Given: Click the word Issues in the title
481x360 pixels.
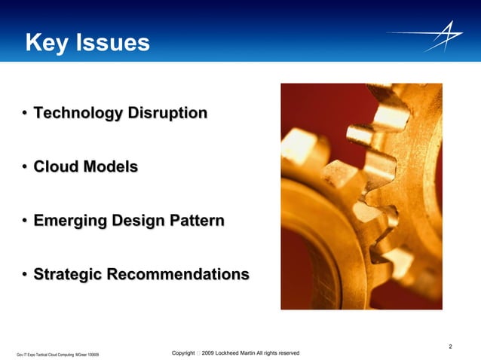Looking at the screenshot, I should pyautogui.click(x=113, y=44).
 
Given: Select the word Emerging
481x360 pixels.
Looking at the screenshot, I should pyautogui.click(x=69, y=221).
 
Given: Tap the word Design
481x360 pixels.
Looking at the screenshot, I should pyautogui.click(x=138, y=221).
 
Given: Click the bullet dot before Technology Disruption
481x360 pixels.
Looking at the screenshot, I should pyautogui.click(x=25, y=114).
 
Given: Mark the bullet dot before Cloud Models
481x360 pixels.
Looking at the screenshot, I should pyautogui.click(x=25, y=168).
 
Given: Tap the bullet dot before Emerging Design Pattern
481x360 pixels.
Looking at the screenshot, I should pyautogui.click(x=25, y=221).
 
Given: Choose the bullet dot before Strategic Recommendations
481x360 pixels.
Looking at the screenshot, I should pyautogui.click(x=25, y=275).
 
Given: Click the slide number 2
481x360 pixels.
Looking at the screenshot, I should pyautogui.click(x=450, y=346).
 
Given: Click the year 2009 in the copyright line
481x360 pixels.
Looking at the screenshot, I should pyautogui.click(x=212, y=352).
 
